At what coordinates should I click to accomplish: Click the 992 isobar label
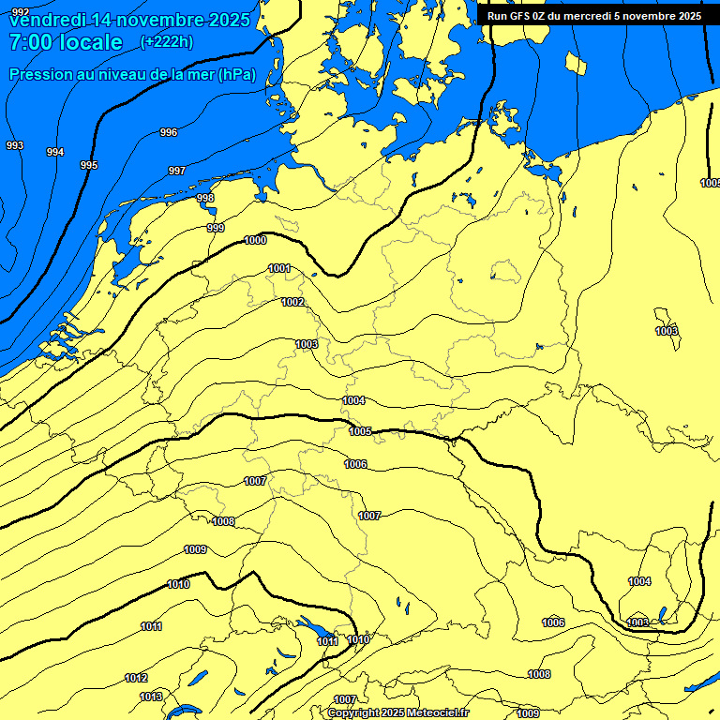21,116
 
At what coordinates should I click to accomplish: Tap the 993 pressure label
15,145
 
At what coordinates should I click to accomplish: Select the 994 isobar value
55,152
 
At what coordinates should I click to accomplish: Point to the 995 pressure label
89,165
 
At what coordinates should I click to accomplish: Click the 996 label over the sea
169,132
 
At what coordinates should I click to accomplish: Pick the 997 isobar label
176,171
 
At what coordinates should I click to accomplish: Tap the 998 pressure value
205,198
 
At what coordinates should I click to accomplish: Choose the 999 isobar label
216,228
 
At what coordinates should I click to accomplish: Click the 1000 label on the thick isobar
255,241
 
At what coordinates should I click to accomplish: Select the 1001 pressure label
279,269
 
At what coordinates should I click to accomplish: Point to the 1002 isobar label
292,302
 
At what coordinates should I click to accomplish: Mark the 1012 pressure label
136,678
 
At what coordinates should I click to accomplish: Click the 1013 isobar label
151,697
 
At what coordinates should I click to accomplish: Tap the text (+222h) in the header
167,41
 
